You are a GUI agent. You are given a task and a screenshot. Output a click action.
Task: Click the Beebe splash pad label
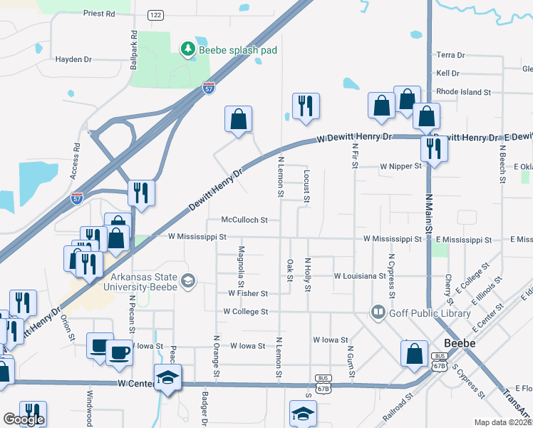click(x=237, y=50)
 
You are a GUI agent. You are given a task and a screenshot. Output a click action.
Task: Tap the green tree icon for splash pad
click(x=187, y=49)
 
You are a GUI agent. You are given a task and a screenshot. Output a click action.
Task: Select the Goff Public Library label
click(x=429, y=312)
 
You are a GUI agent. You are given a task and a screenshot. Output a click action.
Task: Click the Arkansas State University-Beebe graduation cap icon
click(x=188, y=280)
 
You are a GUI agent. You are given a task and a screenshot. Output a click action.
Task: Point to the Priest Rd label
click(x=99, y=14)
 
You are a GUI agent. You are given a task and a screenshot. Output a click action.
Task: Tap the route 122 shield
click(x=156, y=14)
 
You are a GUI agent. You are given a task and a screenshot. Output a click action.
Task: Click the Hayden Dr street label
click(x=74, y=60)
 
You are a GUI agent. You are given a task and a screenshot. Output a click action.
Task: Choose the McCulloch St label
click(x=244, y=220)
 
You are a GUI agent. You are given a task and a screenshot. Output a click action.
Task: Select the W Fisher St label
click(x=247, y=293)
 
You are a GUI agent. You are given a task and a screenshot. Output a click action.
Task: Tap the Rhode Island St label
click(x=464, y=92)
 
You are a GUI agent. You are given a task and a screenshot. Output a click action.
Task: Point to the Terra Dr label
click(x=450, y=55)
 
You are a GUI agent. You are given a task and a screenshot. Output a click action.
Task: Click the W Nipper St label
click(x=401, y=165)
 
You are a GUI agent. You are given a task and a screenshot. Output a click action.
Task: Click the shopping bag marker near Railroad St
click(x=414, y=354)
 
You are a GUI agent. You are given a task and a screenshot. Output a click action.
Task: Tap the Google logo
click(x=24, y=419)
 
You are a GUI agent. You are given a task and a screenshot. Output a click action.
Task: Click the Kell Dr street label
click(x=447, y=73)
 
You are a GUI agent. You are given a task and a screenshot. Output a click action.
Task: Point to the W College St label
click(x=245, y=312)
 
